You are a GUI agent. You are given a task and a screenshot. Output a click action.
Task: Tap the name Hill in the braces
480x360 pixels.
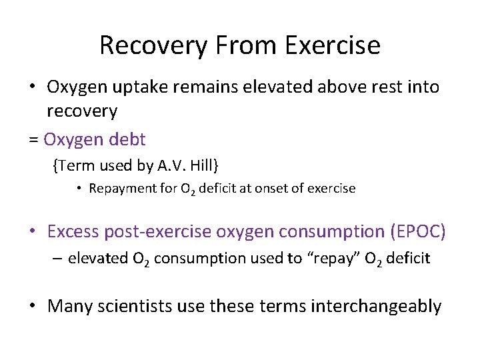[201, 165]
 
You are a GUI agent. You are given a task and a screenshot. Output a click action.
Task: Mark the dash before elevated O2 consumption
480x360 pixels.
[58, 258]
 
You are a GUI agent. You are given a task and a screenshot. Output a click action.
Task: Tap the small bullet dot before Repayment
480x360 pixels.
[79, 189]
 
